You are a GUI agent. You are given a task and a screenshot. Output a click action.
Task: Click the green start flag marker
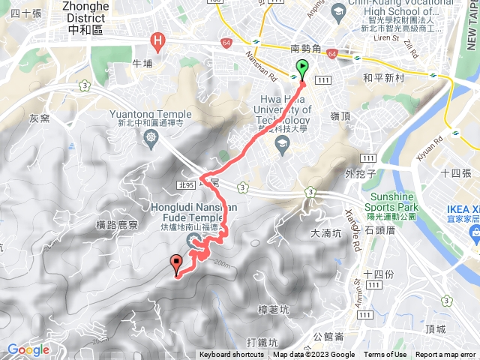click(x=301, y=68)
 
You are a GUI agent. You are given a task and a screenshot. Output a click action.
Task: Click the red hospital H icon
click(x=157, y=40)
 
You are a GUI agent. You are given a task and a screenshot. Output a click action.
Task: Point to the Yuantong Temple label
click(x=150, y=115)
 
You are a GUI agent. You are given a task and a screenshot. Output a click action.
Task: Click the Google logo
click(x=28, y=349)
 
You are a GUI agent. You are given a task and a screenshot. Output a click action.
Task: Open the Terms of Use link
click(x=385, y=355)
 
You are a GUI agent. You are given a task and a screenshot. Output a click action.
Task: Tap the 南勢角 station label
click(x=305, y=49)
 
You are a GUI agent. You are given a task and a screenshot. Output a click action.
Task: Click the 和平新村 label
click(x=382, y=76)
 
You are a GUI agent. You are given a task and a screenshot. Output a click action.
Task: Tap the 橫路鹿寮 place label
click(x=118, y=224)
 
